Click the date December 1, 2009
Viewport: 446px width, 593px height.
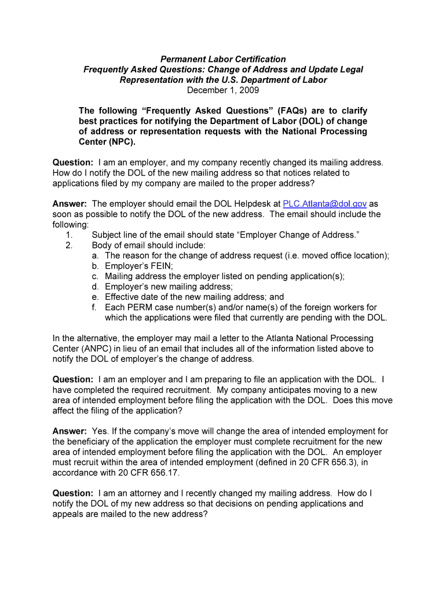223,90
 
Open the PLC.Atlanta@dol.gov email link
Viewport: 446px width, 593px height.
324,204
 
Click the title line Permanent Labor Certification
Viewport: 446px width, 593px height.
223,59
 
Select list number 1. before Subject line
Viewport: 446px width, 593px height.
69,235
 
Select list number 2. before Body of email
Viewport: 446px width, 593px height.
69,246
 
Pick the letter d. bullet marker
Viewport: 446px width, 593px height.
95,287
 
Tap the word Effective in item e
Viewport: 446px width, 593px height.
122,298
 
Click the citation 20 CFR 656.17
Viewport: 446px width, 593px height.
152,473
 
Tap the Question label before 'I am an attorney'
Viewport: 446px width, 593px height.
72,493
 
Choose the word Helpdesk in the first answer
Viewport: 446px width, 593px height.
258,204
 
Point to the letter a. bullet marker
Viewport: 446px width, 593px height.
95,256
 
